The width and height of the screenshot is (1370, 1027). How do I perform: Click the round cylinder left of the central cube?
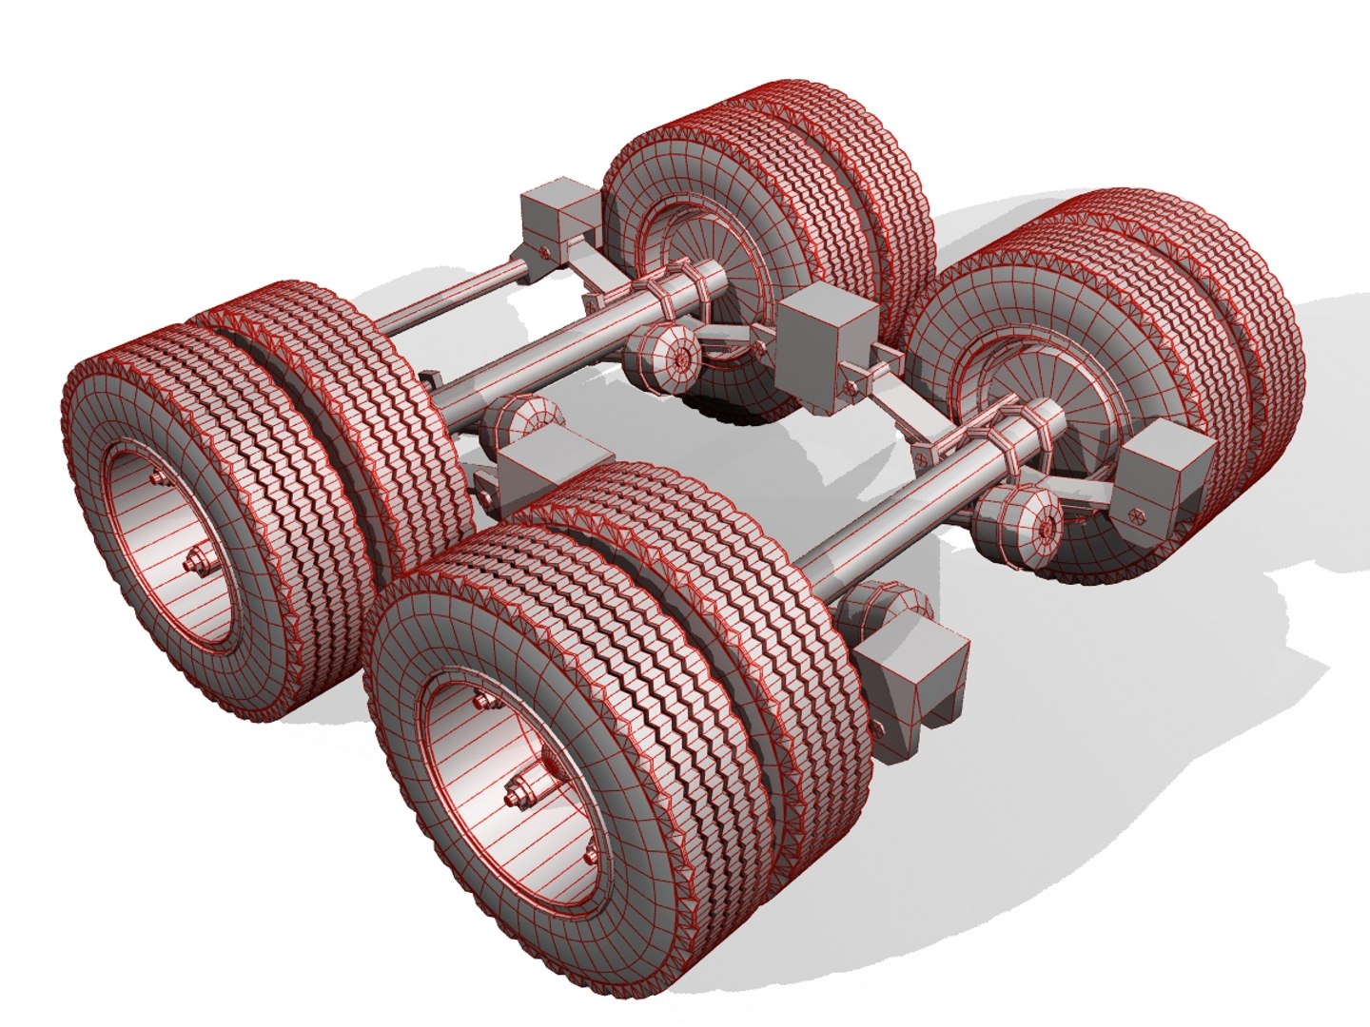tap(667, 357)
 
